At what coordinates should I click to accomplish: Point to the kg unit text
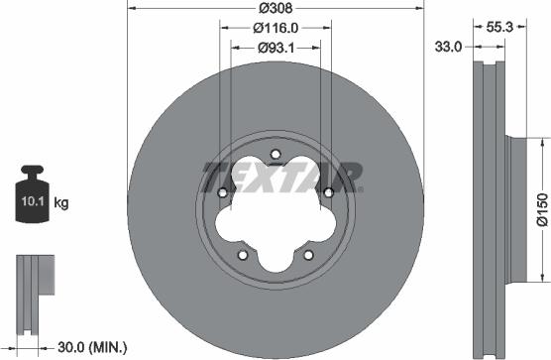pyautogui.click(x=60, y=204)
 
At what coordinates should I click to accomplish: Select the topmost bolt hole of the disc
pyautogui.click(x=275, y=153)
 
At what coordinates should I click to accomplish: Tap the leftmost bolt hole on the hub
pyautogui.click(x=224, y=191)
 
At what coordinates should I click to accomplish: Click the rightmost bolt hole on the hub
pyautogui.click(x=326, y=191)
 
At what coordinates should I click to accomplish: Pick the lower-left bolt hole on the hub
pyautogui.click(x=243, y=254)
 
